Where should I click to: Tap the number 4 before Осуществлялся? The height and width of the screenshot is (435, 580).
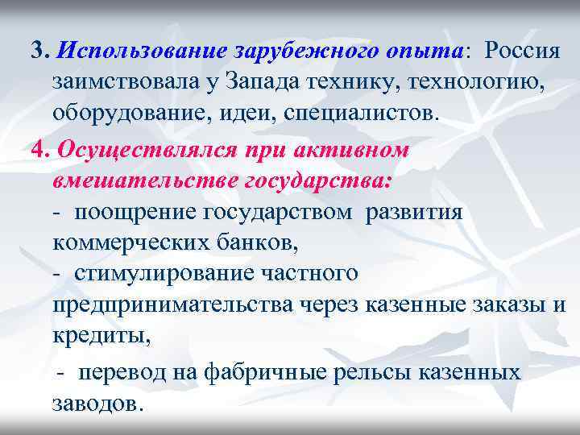pos(37,151)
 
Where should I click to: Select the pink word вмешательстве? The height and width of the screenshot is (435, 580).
pos(143,180)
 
